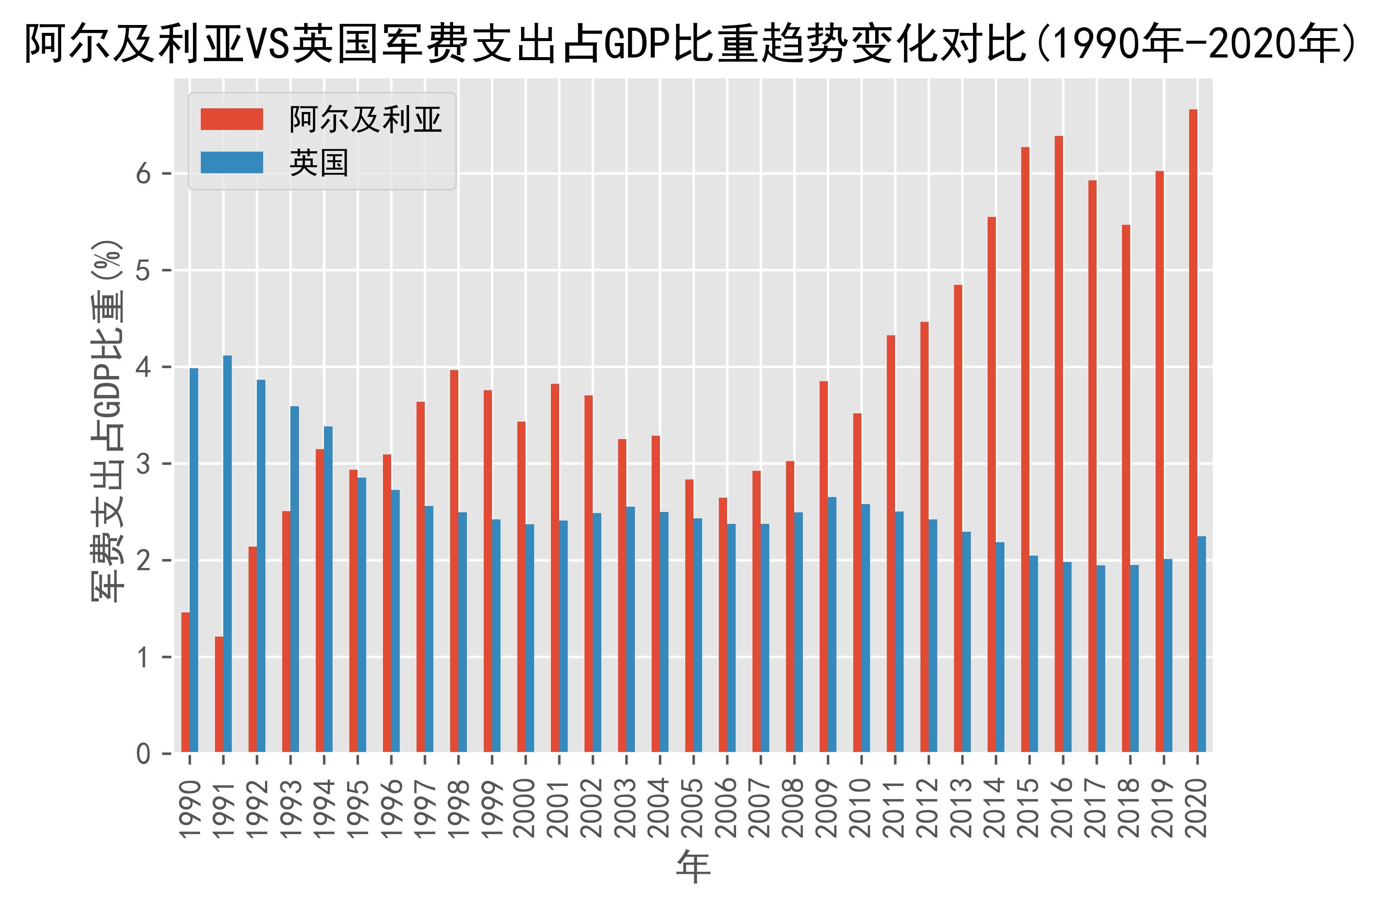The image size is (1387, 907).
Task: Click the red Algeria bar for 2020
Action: [x=1193, y=431]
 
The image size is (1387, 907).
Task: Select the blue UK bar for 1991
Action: [x=227, y=554]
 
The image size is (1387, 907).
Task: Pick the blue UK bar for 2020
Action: [x=1201, y=644]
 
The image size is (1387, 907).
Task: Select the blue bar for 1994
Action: [x=328, y=589]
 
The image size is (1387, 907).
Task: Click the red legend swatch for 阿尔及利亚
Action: [x=231, y=119]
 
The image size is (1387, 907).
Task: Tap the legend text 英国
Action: [x=319, y=163]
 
